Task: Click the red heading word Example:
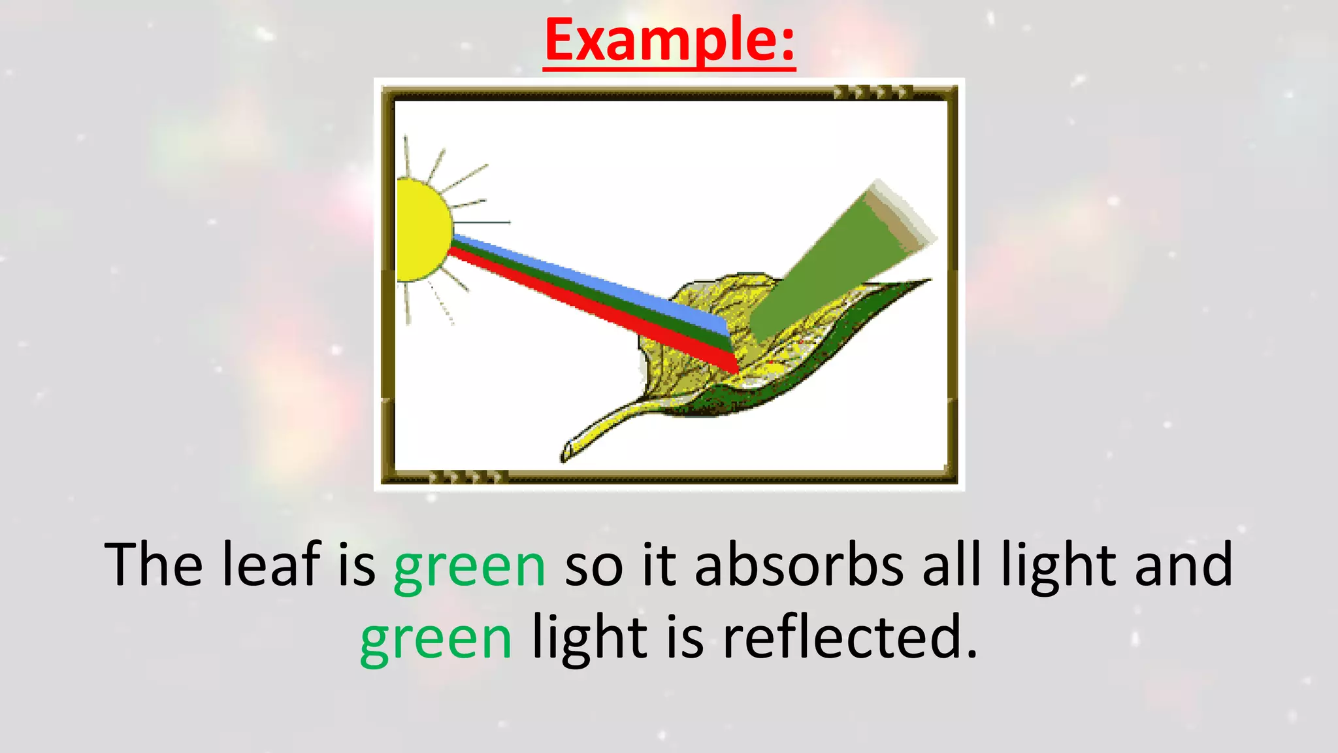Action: pyautogui.click(x=669, y=41)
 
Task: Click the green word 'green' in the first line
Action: pyautogui.click(x=469, y=565)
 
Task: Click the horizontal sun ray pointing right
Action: pyautogui.click(x=483, y=222)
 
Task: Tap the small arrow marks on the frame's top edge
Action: pyautogui.click(x=872, y=92)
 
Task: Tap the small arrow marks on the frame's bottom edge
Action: pyautogui.click(x=468, y=477)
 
